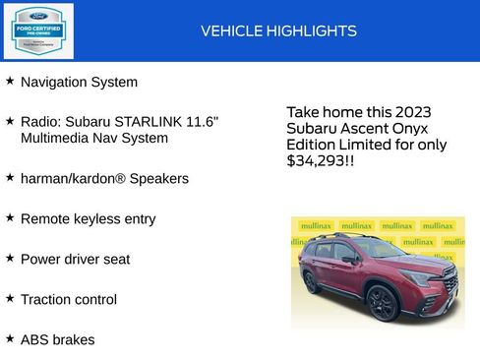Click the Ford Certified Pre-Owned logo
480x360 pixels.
[38, 30]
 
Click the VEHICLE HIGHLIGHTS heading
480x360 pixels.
[278, 30]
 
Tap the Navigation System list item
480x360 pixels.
[79, 82]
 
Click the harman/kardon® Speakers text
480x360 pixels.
[104, 178]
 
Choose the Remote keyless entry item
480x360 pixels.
[88, 218]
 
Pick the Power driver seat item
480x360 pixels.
[75, 259]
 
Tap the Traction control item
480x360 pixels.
[68, 299]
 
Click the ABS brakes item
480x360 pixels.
[57, 339]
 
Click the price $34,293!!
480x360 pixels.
[320, 160]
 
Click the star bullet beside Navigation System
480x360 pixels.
[10, 81]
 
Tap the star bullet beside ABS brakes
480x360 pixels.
[10, 338]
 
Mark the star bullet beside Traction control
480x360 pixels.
[10, 298]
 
